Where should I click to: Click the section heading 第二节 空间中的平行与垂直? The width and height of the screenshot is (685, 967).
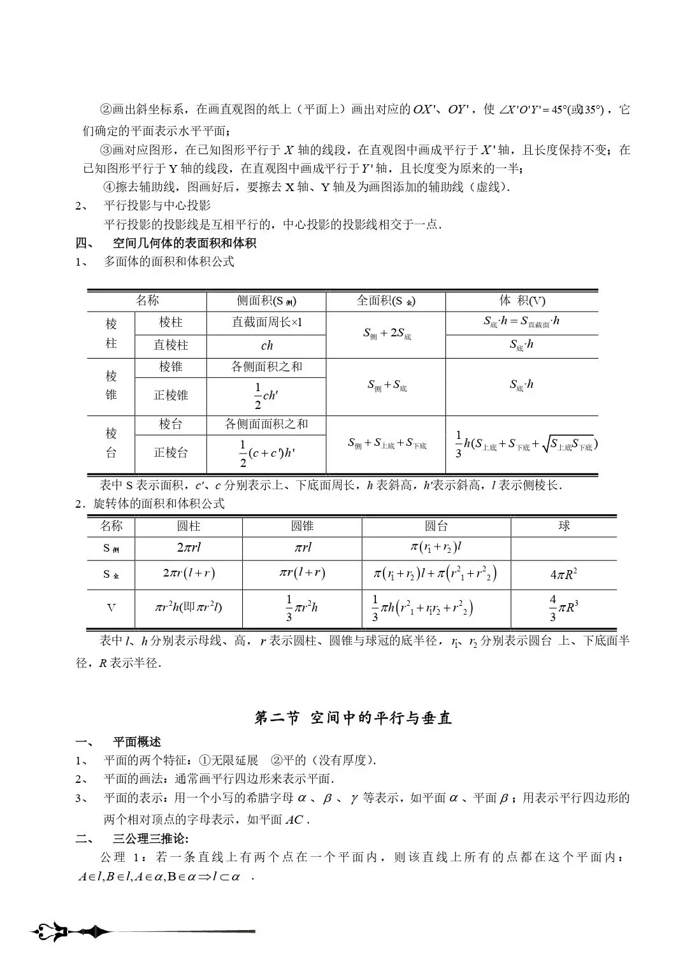[352, 718]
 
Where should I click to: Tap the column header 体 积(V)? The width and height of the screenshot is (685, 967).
[522, 301]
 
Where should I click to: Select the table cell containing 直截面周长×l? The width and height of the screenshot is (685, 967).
[266, 322]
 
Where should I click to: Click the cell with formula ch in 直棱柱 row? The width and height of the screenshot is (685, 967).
[266, 345]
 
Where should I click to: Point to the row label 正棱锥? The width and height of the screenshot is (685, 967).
[171, 395]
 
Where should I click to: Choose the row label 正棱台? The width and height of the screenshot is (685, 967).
[171, 452]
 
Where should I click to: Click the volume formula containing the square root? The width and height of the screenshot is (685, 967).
[526, 445]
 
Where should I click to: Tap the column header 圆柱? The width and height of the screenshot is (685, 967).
[189, 526]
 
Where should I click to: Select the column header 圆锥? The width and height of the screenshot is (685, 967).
[302, 526]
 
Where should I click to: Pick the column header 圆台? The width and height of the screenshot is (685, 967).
[436, 526]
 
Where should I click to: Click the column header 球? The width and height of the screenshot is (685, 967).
[564, 526]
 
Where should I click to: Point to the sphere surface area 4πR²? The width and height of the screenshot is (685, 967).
[564, 574]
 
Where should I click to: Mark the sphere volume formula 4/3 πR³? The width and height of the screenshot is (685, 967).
[564, 608]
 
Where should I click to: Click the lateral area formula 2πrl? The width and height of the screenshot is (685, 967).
[189, 547]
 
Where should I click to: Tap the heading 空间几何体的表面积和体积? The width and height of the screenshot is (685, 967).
[184, 243]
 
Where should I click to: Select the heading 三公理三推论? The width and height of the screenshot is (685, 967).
[150, 838]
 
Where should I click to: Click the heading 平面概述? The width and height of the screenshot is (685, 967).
[136, 741]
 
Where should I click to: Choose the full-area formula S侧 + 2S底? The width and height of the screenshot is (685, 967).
[386, 333]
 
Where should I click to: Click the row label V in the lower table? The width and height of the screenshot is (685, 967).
[111, 608]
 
